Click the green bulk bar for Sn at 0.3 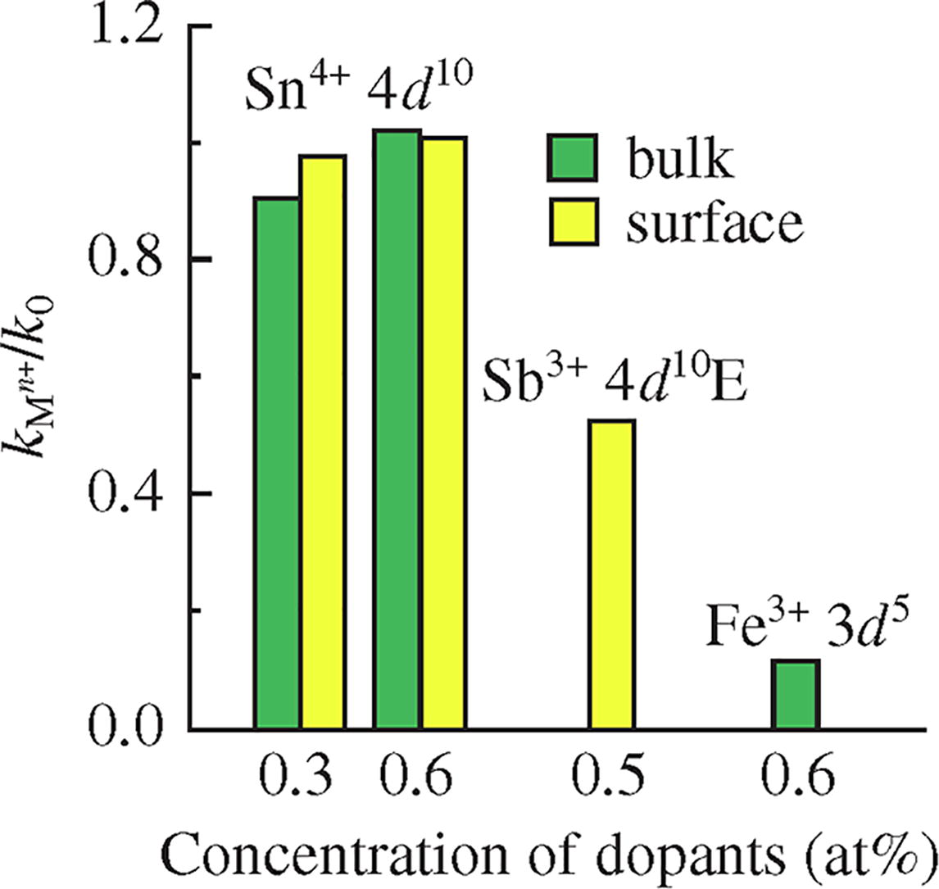coord(277,463)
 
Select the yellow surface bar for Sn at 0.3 coord(322,442)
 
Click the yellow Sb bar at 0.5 coord(612,574)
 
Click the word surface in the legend coord(712,221)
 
